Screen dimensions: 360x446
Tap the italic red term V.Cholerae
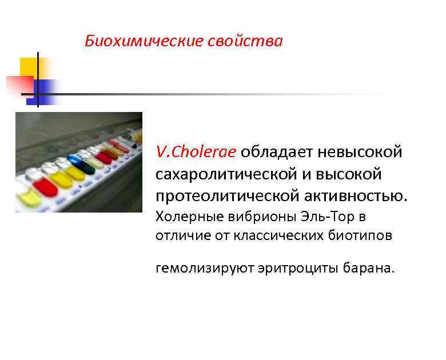[196, 152]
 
